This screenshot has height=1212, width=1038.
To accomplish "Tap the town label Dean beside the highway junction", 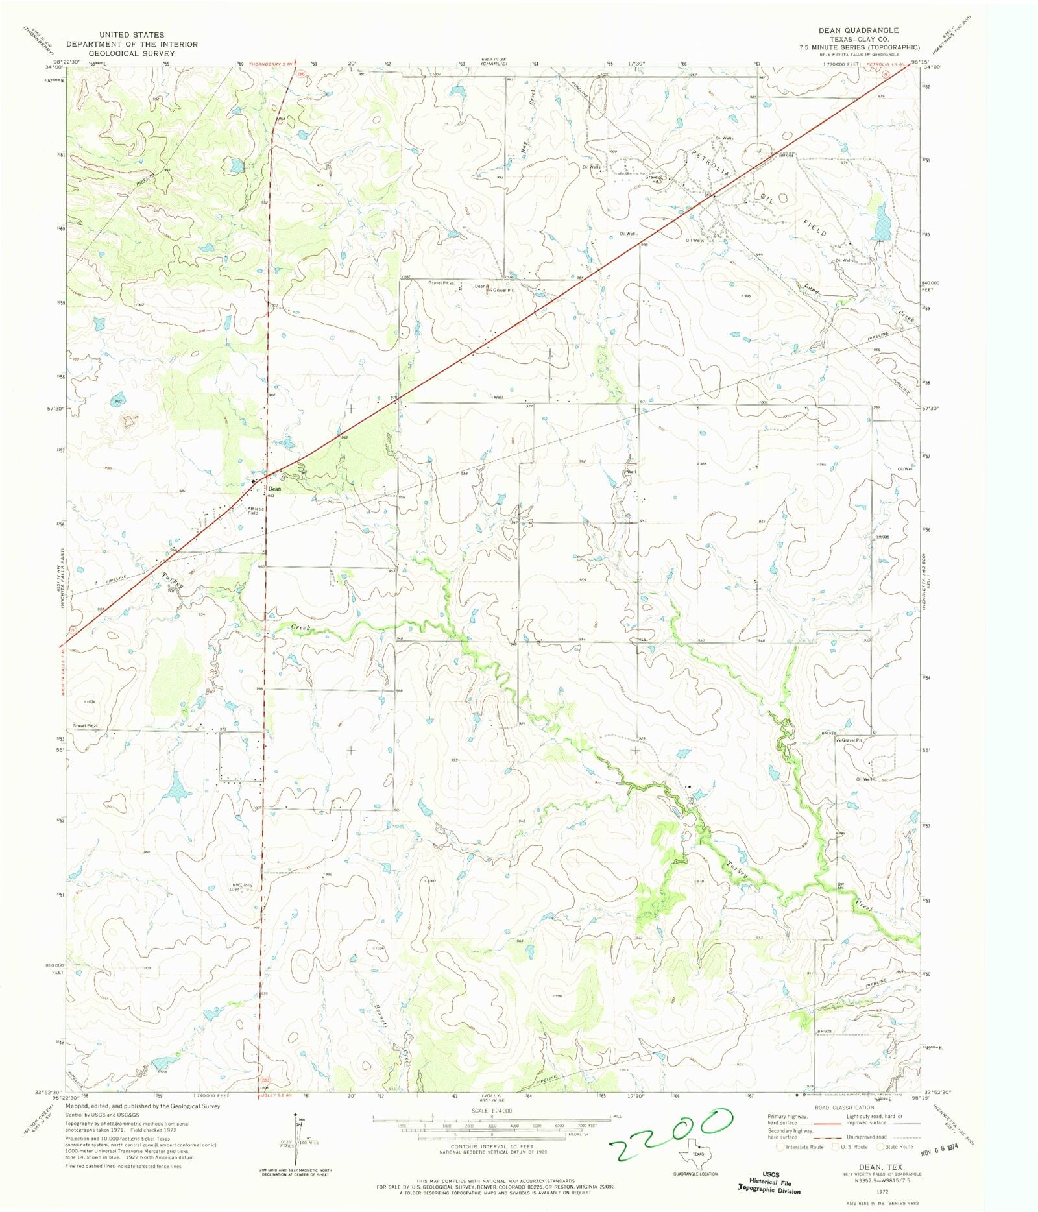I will (275, 489).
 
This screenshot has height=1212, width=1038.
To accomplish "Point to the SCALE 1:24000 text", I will (492, 1111).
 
